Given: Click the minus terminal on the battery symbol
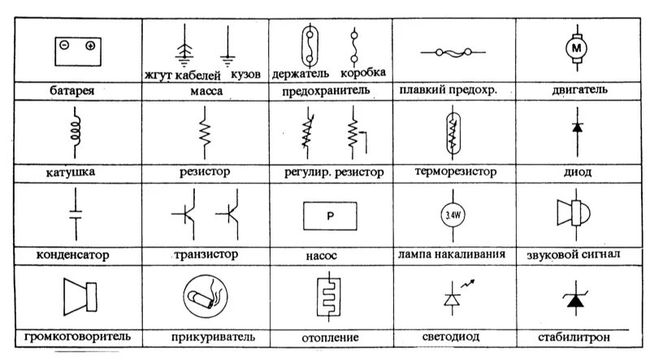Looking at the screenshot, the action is click(64, 45).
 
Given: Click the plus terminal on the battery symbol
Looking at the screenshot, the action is click(90, 46).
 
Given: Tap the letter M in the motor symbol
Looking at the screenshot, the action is click(577, 48).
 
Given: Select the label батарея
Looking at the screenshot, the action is click(72, 90).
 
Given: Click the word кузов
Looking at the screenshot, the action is click(245, 74).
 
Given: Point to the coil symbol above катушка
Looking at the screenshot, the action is click(76, 132).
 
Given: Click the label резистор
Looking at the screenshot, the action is click(205, 171).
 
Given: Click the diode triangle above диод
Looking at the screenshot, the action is click(577, 128).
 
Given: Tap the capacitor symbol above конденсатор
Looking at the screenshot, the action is click(76, 214).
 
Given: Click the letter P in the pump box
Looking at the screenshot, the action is click(330, 216).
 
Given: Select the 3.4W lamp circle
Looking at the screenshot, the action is click(453, 215).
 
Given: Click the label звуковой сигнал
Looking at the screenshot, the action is click(574, 254).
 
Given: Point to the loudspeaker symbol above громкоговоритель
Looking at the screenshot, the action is click(80, 297).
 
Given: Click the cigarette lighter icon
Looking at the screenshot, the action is click(206, 297).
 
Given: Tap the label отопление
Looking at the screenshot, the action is click(330, 337).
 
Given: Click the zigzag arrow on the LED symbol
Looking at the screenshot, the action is click(468, 284).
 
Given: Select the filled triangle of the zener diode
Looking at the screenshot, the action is click(575, 301).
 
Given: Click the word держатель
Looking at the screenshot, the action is click(301, 74).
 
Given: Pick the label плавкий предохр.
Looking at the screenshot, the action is click(448, 89).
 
